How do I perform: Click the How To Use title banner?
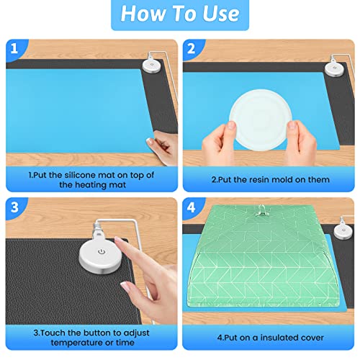pos(179,15)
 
